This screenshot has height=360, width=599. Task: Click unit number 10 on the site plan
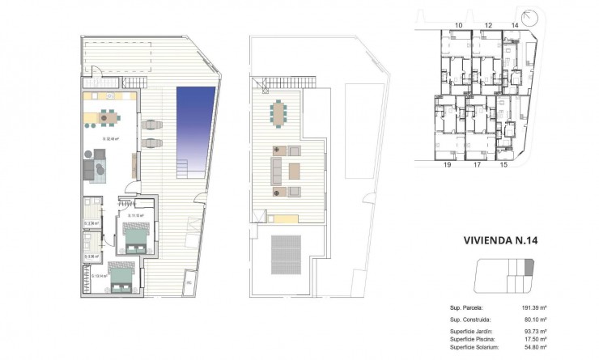coord(458,26)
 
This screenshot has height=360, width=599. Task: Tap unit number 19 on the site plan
coord(446,164)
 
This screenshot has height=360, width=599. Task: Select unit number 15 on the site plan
coord(503,164)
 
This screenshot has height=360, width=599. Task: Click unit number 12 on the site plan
coord(488,26)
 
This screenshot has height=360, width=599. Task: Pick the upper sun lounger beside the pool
coord(151,125)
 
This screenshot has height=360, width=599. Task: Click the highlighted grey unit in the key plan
coord(530,267)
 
